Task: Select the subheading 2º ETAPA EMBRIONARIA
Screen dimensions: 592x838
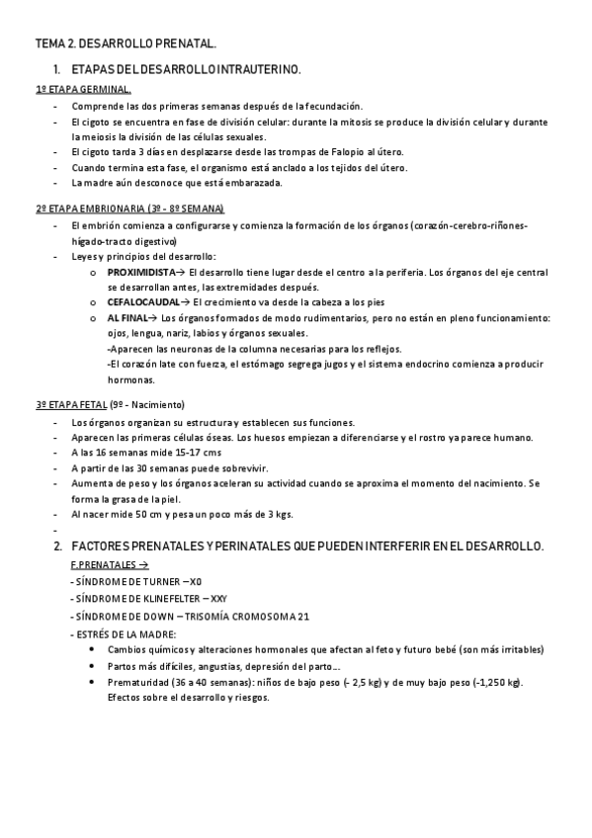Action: (129, 209)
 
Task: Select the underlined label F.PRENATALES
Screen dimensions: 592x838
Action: (110, 565)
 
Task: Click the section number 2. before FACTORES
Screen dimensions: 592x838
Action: (58, 546)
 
